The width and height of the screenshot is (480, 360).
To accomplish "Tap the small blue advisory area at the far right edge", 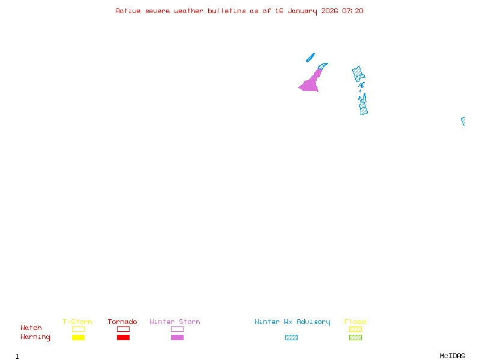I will pos(463,121).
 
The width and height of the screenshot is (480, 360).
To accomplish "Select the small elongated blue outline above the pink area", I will pos(310,58).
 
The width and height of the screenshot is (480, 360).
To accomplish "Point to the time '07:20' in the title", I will pos(353,11).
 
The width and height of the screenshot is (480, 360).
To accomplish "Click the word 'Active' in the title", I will pos(128,11).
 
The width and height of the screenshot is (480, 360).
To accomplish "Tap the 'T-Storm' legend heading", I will pos(77,322).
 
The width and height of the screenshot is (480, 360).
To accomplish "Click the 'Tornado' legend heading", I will pos(122,322).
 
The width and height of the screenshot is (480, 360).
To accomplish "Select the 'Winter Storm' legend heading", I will pos(175,322).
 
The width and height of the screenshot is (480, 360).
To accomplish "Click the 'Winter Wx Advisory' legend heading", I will pos(292,322).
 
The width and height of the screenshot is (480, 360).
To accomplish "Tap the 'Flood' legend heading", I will pos(355,322).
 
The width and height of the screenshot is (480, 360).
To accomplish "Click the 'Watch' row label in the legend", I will pos(31,328).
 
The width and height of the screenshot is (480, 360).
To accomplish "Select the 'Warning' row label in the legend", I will pos(35,337).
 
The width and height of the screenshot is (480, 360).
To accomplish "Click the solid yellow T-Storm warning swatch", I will pos(78,338).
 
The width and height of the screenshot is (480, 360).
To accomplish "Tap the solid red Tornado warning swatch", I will pos(123,338).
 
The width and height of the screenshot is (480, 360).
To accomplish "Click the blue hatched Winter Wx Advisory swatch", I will pos(291,338).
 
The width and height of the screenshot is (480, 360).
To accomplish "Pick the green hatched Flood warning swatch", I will pos(355,338).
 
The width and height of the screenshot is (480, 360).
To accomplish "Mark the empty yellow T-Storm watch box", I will pos(78,329).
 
